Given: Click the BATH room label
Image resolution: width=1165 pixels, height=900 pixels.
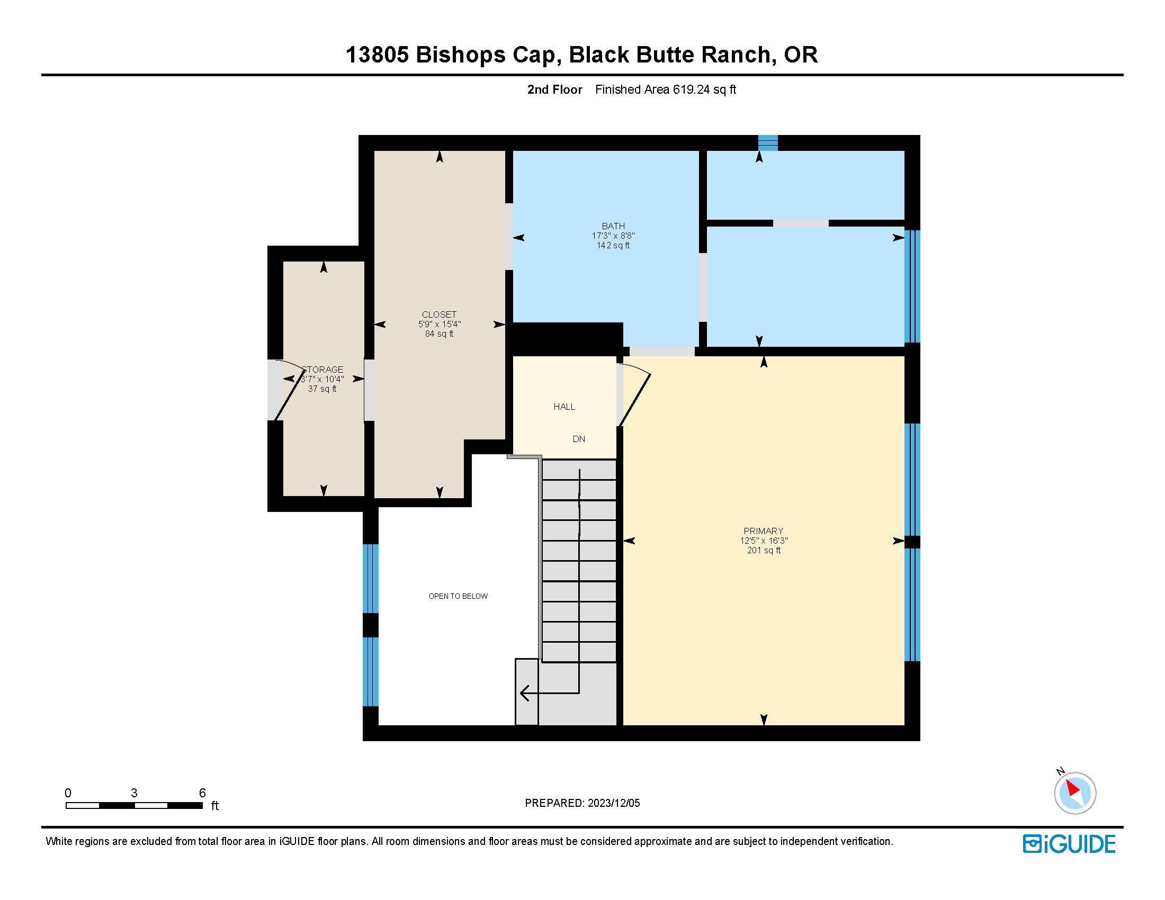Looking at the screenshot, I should (613, 226).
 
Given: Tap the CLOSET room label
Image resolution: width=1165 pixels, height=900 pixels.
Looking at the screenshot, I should (439, 314).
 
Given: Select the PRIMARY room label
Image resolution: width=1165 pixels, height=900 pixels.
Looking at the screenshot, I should (763, 531).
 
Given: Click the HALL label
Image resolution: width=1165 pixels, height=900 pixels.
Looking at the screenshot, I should (564, 407).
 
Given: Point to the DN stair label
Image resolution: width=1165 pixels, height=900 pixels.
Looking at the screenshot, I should (579, 439).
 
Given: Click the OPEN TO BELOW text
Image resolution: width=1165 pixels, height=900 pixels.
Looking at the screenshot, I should (458, 596).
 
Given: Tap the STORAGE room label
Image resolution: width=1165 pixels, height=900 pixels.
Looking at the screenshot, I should (322, 370).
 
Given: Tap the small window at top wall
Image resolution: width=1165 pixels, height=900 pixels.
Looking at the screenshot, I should (768, 143).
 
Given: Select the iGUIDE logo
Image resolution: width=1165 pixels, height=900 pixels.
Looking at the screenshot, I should (1069, 843).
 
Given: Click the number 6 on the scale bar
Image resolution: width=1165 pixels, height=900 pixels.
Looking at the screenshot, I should (202, 793).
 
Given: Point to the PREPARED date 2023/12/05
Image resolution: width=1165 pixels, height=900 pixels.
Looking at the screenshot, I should (613, 803).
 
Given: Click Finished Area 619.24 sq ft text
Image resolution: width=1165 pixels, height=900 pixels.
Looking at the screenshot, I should (665, 89).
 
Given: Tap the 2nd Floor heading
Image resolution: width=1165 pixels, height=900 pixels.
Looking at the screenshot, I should (554, 89).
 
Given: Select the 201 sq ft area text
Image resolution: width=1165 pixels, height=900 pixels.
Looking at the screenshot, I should (763, 550).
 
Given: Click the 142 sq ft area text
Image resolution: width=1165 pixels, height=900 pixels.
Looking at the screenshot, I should (613, 245).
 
